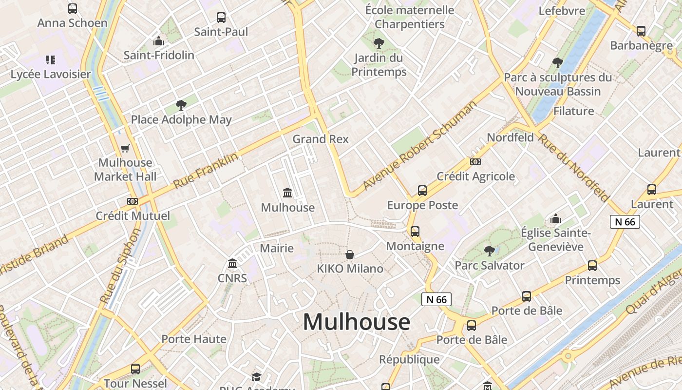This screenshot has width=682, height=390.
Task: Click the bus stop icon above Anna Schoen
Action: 72,8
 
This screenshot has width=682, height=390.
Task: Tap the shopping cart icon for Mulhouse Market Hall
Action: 125,148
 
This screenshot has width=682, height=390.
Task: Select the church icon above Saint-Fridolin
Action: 158,41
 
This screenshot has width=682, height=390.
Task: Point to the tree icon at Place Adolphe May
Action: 181,105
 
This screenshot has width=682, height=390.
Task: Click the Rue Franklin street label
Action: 206,171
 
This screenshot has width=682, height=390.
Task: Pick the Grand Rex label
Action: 321,139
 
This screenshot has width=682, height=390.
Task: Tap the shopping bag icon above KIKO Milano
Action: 350,254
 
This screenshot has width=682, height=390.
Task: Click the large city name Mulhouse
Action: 357,322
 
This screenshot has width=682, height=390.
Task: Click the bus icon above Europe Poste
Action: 422,191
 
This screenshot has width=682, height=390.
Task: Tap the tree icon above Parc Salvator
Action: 489,251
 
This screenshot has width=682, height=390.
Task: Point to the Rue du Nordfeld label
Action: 573,167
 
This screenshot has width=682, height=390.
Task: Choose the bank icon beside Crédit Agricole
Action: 475,162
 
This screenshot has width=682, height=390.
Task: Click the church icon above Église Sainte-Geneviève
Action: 555,219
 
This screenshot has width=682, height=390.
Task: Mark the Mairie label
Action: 277,248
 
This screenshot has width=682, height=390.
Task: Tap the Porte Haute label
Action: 194,339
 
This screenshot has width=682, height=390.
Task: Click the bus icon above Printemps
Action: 592,266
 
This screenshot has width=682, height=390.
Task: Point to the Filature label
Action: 573,111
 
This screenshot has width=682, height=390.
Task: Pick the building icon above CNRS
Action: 232,264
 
